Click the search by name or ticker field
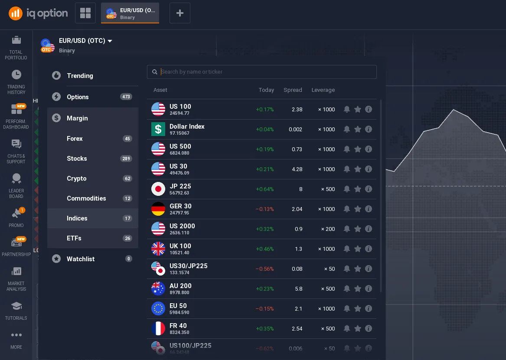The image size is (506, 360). click(264, 72)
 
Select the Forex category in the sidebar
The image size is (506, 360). click(75, 139)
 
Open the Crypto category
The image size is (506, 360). click(77, 178)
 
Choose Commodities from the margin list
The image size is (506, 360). click(86, 198)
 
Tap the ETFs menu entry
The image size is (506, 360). click(74, 238)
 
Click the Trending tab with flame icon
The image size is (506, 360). click(80, 76)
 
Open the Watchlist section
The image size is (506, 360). click(81, 259)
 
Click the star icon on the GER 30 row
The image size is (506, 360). click(358, 209)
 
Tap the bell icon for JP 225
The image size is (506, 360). click(347, 189)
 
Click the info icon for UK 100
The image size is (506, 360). click(369, 249)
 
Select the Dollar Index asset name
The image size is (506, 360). click(187, 126)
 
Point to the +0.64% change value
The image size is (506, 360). click(265, 189)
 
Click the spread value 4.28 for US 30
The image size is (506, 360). click(297, 169)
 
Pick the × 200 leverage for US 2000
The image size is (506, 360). click(328, 229)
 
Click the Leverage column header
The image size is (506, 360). click(323, 90)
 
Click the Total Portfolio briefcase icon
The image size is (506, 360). click(16, 40)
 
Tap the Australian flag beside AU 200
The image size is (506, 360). click(158, 289)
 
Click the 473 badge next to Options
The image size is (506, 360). click(126, 97)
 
